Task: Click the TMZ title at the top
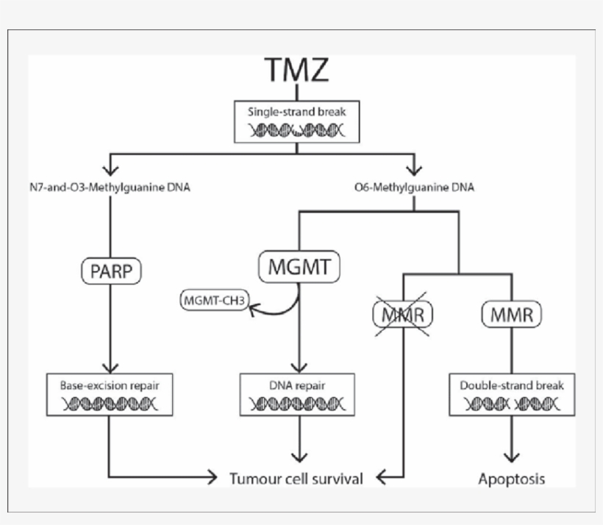point(296,71)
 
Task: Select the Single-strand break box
point(296,121)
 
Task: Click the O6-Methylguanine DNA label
point(414,187)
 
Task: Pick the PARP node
point(111,270)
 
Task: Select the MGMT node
point(299,266)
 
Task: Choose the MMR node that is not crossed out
point(512,315)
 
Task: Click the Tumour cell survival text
point(296,479)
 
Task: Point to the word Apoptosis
point(512,479)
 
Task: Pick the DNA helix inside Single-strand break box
point(296,131)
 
